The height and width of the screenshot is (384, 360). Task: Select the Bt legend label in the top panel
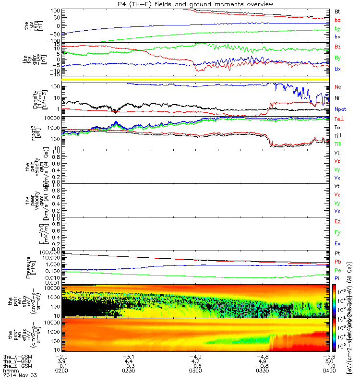(337, 12)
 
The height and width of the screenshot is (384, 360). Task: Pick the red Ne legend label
(337, 87)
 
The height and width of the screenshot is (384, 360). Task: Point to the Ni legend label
(337, 98)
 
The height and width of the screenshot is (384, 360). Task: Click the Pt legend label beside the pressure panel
(337, 253)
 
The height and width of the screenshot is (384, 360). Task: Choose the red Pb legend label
(337, 262)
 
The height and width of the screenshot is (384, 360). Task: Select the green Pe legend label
(337, 271)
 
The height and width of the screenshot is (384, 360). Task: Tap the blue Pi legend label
(337, 279)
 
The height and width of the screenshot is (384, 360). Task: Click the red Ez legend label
(337, 221)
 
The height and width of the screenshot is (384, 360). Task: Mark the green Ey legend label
(337, 233)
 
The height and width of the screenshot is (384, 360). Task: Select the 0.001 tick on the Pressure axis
(54, 284)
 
